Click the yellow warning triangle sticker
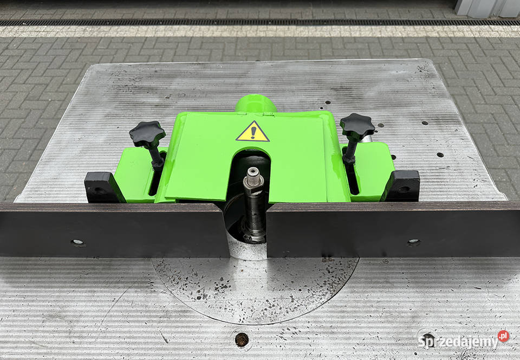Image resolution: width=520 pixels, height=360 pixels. click(x=253, y=132)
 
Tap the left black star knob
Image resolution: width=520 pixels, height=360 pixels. click(x=147, y=133)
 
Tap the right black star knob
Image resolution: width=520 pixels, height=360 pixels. click(x=357, y=126)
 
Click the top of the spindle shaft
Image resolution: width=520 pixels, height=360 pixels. click(x=253, y=172)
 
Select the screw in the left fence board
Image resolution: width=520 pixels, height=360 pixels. click(x=77, y=242)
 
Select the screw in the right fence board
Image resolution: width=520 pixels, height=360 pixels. click(x=413, y=241)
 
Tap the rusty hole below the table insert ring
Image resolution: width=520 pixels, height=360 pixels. click(x=242, y=339)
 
